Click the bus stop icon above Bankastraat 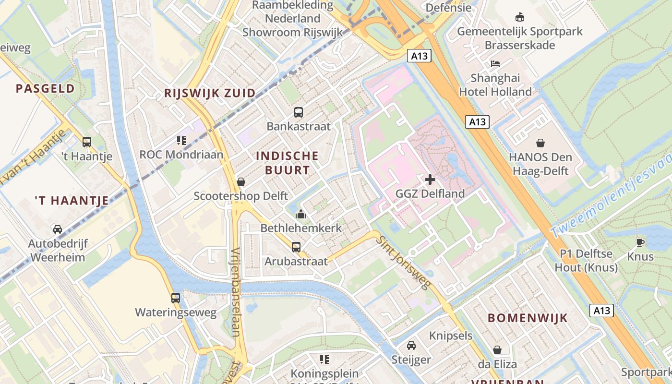pos(299,112)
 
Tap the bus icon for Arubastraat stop pos(296,247)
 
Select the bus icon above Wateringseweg pos(176,298)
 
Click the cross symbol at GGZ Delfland pos(430,180)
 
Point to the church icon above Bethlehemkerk pos(301,214)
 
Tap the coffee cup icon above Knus pos(640,242)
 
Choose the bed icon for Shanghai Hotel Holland pos(495,63)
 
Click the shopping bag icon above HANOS pos(540,143)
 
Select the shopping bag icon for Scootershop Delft pos(241,182)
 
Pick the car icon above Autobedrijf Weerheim pos(58,229)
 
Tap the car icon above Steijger pos(411,346)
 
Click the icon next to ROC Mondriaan pos(181,140)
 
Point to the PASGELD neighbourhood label pos(45,88)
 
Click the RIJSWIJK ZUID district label pos(210,93)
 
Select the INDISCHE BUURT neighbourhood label pos(287,163)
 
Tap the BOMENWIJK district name pos(528,318)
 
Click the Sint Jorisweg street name pos(402,263)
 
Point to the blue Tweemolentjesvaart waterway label pos(612,196)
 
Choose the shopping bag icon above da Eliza pos(497,350)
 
